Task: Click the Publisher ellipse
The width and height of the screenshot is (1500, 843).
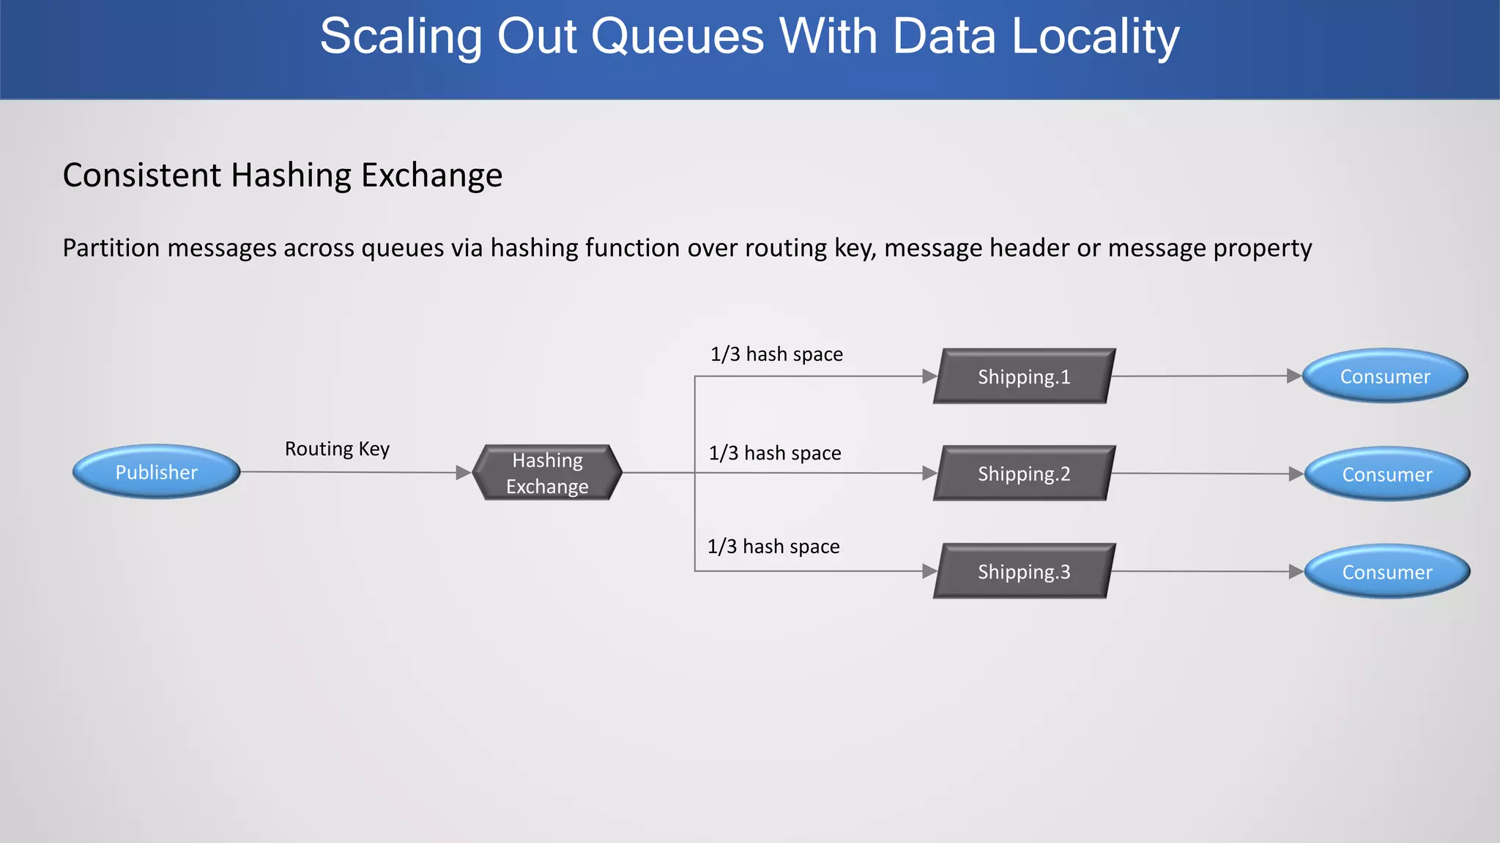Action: [x=156, y=472]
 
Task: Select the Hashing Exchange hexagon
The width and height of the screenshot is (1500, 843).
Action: [x=547, y=473]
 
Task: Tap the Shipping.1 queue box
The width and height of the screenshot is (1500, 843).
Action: [x=1024, y=376]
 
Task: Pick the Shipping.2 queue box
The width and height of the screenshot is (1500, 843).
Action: [x=1024, y=473]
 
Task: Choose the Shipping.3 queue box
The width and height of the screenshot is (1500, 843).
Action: [x=1024, y=571]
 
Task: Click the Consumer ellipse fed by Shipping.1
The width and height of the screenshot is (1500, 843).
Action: [x=1384, y=376]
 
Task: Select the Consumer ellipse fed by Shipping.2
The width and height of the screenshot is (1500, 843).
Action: [x=1386, y=474]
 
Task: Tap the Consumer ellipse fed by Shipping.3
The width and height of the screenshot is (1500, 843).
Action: [x=1386, y=572]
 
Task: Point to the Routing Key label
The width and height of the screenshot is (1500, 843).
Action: [x=337, y=449]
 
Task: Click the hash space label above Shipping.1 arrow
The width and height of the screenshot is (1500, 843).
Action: [x=776, y=354]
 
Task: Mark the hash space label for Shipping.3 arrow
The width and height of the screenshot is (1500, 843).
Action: [x=773, y=547]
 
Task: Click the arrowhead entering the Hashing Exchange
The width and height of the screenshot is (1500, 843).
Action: [x=463, y=473]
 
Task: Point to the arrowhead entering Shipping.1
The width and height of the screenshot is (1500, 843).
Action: [x=929, y=376]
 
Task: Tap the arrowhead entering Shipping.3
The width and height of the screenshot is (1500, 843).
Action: [x=929, y=571]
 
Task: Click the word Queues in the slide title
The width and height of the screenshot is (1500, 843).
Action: [x=677, y=37]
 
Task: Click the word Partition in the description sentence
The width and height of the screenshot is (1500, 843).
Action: [x=111, y=248]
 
